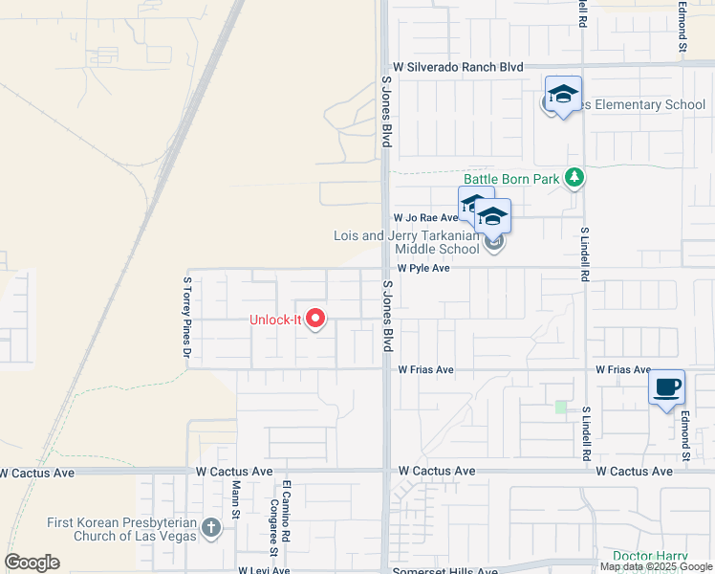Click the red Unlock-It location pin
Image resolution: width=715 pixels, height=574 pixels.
point(314,319)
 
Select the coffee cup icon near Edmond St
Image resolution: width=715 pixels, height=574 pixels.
point(667,387)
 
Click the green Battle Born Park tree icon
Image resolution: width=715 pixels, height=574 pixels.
point(574,178)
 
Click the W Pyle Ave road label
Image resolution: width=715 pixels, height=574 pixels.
point(423,269)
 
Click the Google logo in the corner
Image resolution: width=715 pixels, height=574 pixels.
point(32,563)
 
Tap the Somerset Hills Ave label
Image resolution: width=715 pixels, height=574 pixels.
point(448,571)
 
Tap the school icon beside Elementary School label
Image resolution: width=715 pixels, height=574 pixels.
point(563,95)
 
